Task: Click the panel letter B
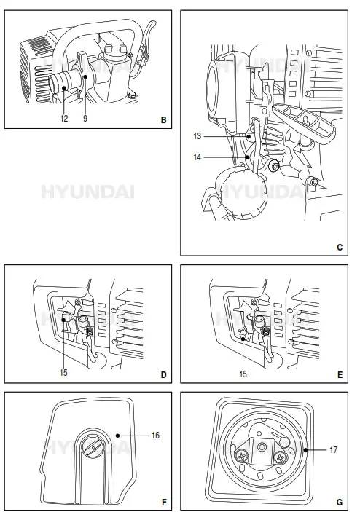point(163,118)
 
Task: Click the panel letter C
point(340,247)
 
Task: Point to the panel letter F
point(163,502)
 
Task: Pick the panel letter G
point(340,502)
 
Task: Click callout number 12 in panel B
point(63,118)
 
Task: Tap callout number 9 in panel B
point(85,118)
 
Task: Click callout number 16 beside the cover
point(155,435)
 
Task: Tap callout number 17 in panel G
point(332,450)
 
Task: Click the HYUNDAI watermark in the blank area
point(87,192)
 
